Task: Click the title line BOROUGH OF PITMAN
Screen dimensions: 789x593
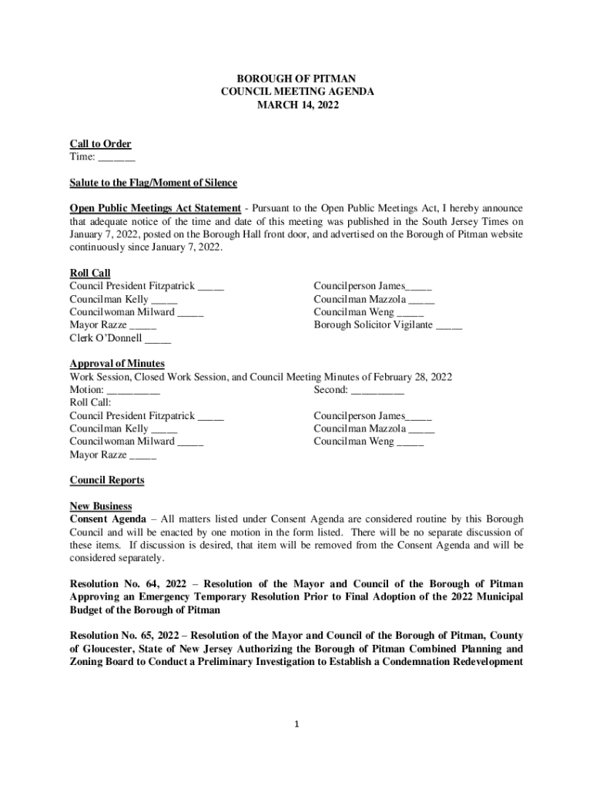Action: (296, 78)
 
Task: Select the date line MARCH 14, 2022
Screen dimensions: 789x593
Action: (296, 104)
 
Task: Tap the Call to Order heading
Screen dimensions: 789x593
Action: (100, 144)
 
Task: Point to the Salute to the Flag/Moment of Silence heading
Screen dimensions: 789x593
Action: (153, 183)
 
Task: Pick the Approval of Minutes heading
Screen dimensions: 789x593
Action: (117, 364)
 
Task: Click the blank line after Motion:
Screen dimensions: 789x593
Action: (133, 390)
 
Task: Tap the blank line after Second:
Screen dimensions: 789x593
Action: (377, 390)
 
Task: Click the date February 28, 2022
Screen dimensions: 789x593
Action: (413, 377)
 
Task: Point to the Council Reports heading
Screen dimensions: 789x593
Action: (107, 480)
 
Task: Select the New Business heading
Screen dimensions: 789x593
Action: (101, 506)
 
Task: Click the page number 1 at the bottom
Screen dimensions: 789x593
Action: (296, 724)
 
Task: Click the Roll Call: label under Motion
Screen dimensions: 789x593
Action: (91, 403)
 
